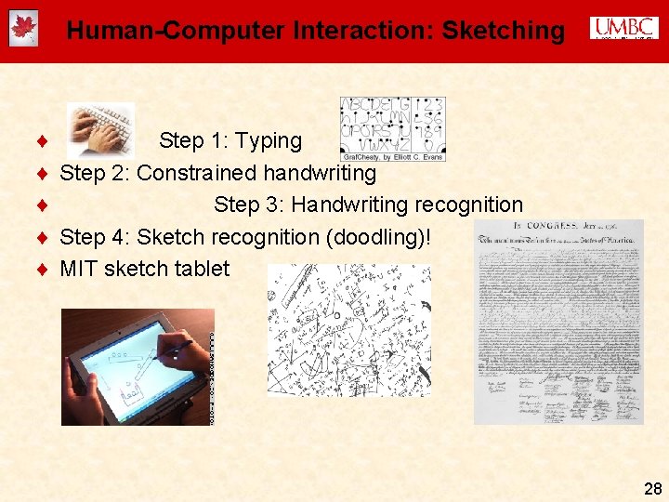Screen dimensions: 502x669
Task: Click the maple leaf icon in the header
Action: click(x=23, y=30)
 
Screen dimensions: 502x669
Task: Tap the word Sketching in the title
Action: click(x=503, y=31)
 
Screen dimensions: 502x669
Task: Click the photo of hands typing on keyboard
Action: click(x=100, y=131)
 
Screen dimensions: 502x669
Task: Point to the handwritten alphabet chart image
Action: click(x=391, y=123)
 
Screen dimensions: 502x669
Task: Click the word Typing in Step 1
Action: click(x=269, y=141)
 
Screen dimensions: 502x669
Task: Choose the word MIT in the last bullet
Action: click(x=79, y=269)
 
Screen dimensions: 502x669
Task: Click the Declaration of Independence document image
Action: click(x=558, y=322)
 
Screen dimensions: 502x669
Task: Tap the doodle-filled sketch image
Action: click(x=349, y=330)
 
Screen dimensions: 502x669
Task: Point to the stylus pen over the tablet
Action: click(x=177, y=348)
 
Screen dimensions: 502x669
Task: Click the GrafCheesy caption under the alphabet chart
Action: click(x=392, y=156)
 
